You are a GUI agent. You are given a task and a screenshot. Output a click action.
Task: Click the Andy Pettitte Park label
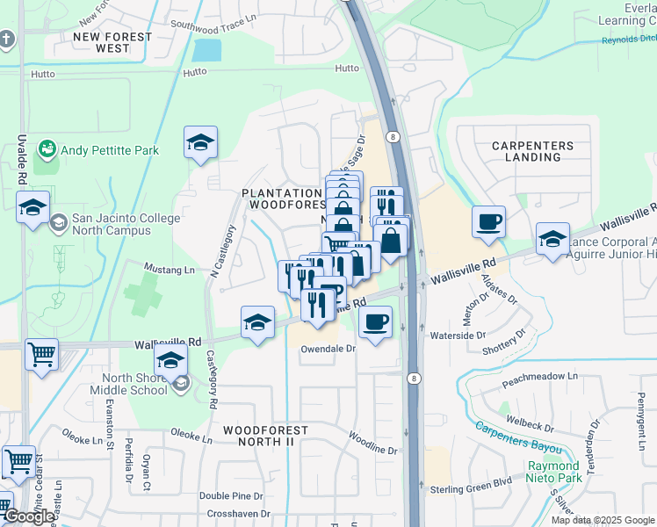pos(110,150)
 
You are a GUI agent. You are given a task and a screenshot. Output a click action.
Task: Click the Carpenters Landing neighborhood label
pos(532,151)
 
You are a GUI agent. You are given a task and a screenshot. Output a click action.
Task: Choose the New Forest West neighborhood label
pos(112,42)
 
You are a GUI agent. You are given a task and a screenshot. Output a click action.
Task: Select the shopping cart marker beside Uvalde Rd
pos(41,355)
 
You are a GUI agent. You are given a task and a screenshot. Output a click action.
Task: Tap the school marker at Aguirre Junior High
pos(552,239)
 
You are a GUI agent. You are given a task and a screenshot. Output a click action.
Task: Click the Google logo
pos(29,516)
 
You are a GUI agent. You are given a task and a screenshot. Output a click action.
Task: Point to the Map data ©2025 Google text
pos(603,520)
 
